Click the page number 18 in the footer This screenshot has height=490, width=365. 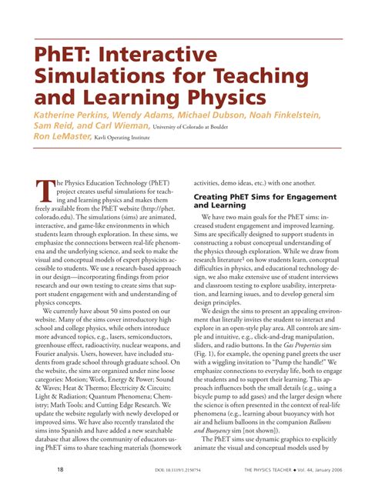click(39, 469)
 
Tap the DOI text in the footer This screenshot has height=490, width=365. click(167, 470)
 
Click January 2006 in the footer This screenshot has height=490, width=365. click(327, 470)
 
